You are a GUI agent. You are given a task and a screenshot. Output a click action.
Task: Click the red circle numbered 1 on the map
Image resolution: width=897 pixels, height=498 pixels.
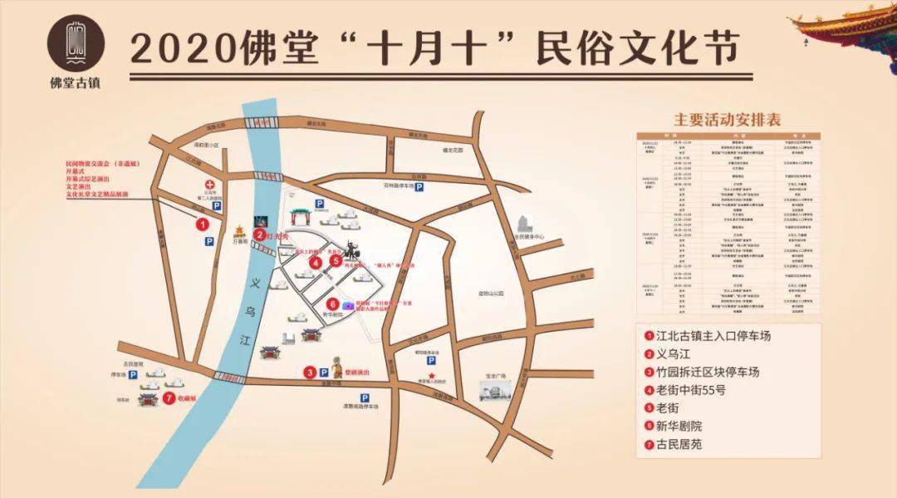click(202, 223)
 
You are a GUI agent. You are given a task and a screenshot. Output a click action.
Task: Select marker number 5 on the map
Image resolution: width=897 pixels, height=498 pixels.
click(336, 260)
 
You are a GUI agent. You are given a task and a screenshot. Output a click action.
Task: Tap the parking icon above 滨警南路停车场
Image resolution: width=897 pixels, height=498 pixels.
click(365, 398)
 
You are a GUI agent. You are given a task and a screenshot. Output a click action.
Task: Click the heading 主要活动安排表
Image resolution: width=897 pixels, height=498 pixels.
click(728, 119)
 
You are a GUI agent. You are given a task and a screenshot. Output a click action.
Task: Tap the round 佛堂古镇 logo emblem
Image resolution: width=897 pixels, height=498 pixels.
click(76, 43)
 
